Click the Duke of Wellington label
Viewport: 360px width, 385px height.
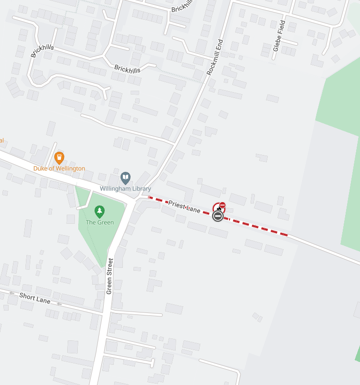point(59,168)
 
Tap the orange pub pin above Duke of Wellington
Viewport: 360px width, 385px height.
point(59,157)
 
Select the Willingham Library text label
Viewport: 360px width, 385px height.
point(125,189)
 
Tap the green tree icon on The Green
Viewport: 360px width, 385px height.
point(99,211)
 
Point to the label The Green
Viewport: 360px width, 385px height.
point(99,222)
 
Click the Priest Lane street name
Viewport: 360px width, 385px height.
point(184,207)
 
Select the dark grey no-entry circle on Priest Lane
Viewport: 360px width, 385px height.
point(217,216)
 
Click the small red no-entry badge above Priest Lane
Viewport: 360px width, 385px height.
point(222,205)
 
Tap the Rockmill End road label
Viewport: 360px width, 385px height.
point(216,57)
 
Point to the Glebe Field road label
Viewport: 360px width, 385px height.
point(279,36)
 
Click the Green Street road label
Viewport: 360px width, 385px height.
point(110,276)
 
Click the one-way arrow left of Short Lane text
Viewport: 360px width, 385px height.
point(12,292)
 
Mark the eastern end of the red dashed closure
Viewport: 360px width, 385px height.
point(287,235)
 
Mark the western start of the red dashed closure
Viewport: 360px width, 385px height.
point(150,197)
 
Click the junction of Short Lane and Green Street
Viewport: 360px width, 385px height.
point(102,314)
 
